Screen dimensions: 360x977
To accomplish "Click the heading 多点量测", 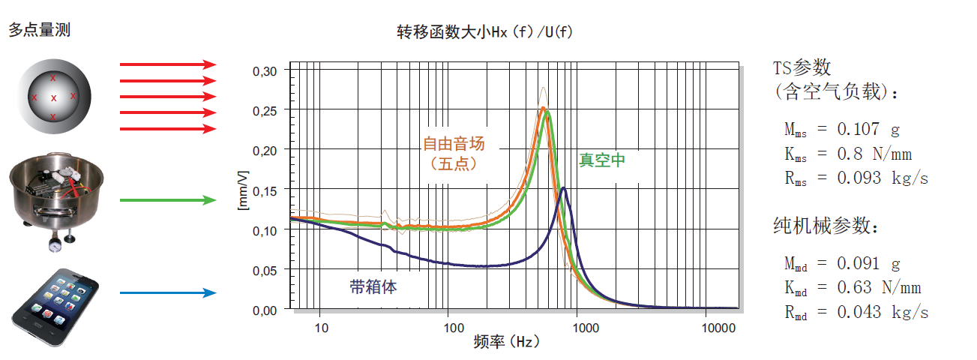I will click(x=40, y=30).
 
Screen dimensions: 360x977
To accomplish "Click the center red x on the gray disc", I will click(x=53, y=98).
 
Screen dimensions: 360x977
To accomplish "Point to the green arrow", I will click(x=168, y=200).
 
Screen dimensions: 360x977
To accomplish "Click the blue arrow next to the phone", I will click(x=168, y=293).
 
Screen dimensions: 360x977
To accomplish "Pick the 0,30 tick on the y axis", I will click(x=265, y=70).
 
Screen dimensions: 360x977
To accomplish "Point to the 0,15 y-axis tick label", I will click(x=265, y=190).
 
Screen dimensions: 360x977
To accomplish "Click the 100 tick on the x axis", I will click(x=451, y=328).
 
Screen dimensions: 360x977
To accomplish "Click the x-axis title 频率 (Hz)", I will click(x=507, y=343).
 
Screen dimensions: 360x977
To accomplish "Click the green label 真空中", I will click(x=601, y=160).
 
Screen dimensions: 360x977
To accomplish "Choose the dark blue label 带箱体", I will click(x=373, y=286).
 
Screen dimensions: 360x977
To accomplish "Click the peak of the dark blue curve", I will click(x=563, y=188).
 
